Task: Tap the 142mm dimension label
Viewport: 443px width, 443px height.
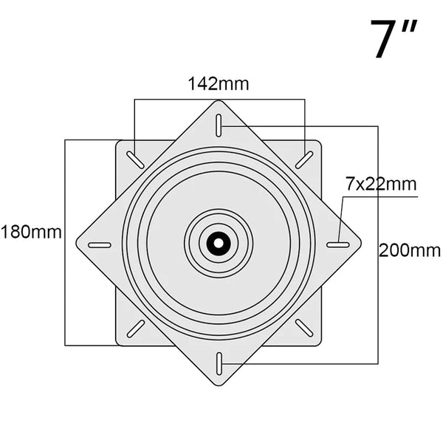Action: pos(219,83)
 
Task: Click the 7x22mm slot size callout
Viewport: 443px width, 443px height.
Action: pos(381,183)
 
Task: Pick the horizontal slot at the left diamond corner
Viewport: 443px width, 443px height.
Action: pos(100,244)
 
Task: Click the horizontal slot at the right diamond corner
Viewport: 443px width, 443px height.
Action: pos(338,244)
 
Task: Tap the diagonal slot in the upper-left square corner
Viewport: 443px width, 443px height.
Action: pos(135,159)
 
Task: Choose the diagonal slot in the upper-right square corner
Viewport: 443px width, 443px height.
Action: pos(303,159)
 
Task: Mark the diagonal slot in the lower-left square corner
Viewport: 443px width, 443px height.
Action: pos(135,328)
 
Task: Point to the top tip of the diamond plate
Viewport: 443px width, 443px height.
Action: pos(219,101)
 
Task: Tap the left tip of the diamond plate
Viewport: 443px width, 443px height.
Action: pos(76,244)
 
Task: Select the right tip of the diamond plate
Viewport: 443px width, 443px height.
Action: pos(362,243)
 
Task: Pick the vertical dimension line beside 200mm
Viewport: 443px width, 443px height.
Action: pos(378,310)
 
